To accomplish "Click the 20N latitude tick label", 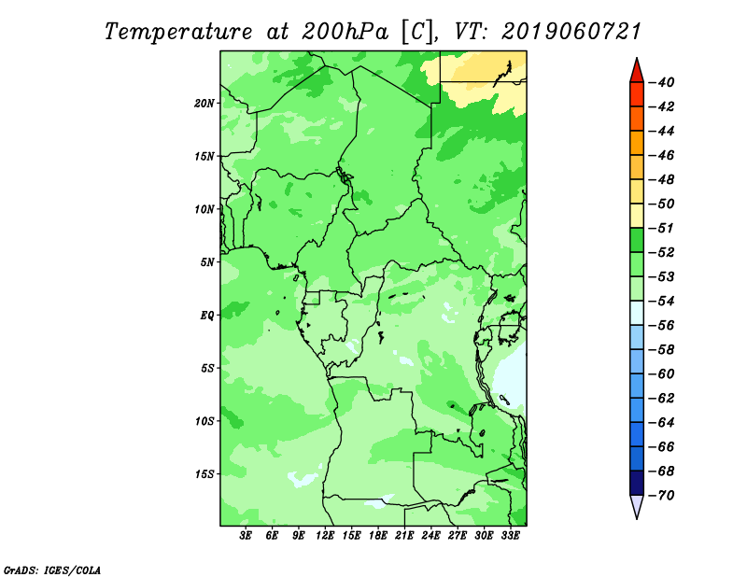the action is (x=204, y=104).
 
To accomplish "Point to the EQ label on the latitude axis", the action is (x=206, y=316).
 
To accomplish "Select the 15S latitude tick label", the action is (x=204, y=474).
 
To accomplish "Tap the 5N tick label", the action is (x=206, y=262).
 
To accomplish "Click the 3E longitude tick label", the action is (x=246, y=536).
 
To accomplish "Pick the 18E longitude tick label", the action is (x=378, y=536).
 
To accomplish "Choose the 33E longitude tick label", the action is (x=510, y=536).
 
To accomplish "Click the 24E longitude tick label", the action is (x=430, y=536).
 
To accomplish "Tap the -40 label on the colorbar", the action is (x=661, y=82).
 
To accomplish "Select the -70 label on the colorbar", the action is (x=661, y=496).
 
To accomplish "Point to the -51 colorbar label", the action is (x=661, y=228).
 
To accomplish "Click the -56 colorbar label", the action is (x=661, y=326).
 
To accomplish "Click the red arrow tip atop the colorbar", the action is (x=637, y=58).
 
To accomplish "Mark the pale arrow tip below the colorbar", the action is (x=637, y=518).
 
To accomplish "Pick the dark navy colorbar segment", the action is (x=637, y=483).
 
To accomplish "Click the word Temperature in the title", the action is (x=178, y=32).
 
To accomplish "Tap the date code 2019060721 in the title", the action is (x=571, y=32).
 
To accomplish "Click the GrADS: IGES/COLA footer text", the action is (x=52, y=570).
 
